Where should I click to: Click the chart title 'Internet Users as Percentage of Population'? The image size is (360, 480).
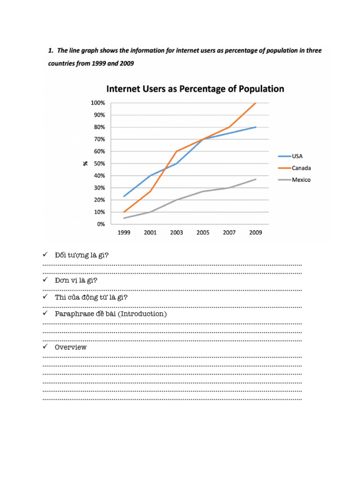point(195,89)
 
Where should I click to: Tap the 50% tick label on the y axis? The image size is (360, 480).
point(98,164)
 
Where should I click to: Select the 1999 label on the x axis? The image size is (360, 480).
point(124,232)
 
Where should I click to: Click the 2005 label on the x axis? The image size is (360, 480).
point(203,232)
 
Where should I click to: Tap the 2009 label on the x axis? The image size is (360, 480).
point(256,232)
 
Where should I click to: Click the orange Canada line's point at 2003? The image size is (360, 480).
point(177,151)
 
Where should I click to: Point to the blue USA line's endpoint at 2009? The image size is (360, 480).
point(256,127)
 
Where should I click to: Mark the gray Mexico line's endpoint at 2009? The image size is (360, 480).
point(256,179)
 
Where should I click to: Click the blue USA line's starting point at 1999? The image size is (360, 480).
point(124,196)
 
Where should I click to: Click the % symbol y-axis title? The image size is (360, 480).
point(85,164)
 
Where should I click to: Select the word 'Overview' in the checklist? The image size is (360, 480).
point(71,347)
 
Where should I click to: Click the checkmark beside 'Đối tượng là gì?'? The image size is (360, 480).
point(45,254)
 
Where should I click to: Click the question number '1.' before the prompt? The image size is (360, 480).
point(51,50)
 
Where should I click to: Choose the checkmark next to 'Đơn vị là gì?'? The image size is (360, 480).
point(45,280)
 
